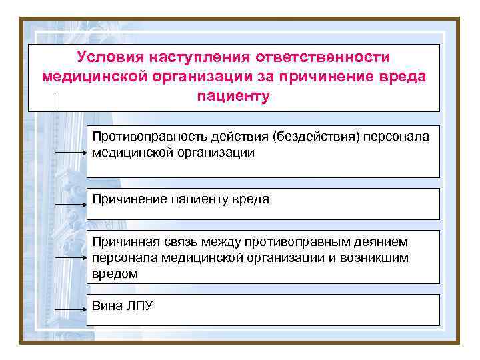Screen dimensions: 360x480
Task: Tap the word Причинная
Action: pyautogui.click(x=123, y=241)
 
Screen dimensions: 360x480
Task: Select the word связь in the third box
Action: pyautogui.click(x=175, y=241)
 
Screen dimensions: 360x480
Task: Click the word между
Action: pyautogui.click(x=219, y=241)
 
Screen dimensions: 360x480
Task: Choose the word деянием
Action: pyautogui.click(x=377, y=241)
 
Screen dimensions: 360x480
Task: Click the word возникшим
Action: pyautogui.click(x=378, y=257)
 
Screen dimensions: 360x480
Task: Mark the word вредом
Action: pyautogui.click(x=115, y=273)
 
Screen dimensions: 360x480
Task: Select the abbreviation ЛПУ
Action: pyautogui.click(x=139, y=306)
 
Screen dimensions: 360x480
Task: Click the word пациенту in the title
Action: pyautogui.click(x=233, y=95)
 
